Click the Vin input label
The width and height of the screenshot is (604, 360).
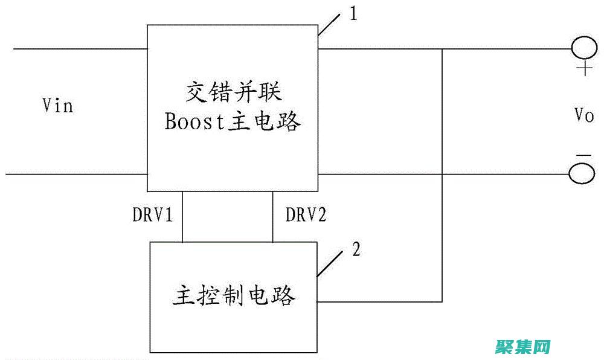click(x=58, y=106)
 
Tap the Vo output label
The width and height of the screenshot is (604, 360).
click(x=584, y=115)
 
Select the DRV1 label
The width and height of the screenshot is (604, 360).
click(x=153, y=215)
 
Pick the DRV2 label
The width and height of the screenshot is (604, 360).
click(x=306, y=215)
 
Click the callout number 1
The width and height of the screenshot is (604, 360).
click(x=353, y=14)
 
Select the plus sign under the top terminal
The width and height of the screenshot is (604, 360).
click(x=584, y=69)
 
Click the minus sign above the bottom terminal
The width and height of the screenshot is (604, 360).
click(x=583, y=156)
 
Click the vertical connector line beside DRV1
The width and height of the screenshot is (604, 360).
click(x=182, y=217)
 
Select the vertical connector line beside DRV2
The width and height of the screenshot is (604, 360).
click(x=272, y=217)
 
